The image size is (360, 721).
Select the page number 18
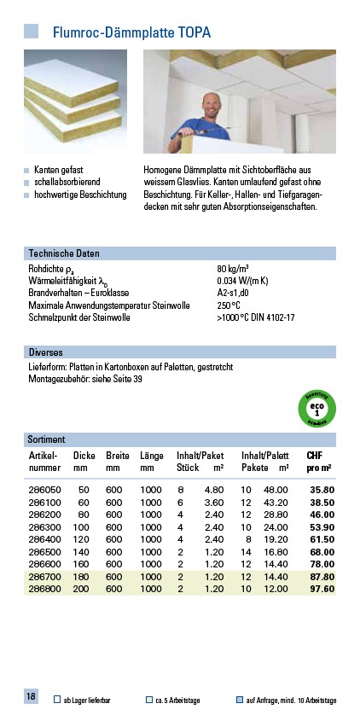click(31, 697)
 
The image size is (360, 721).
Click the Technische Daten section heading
click(64, 253)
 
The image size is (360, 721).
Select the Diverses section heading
click(46, 352)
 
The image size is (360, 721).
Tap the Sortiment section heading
click(47, 439)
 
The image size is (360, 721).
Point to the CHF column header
click(315, 456)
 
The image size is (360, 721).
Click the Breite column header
click(118, 456)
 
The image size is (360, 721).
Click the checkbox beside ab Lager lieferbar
click(56, 700)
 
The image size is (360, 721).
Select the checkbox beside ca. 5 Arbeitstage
click(149, 700)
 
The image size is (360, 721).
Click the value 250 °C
click(229, 305)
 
